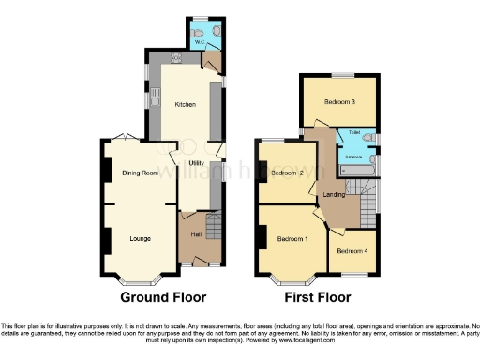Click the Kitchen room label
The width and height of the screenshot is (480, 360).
coord(185,105)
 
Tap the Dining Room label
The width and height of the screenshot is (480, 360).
coord(138,172)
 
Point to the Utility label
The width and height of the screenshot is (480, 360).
coord(197,164)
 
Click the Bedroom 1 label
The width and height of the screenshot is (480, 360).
coord(292,239)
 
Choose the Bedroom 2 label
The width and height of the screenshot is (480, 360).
coord(284,173)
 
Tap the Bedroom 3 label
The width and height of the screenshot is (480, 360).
coord(339,101)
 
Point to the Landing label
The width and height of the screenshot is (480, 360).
coord(334,195)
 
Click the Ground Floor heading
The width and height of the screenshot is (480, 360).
coord(163,298)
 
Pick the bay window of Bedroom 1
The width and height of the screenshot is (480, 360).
coord(292,279)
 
